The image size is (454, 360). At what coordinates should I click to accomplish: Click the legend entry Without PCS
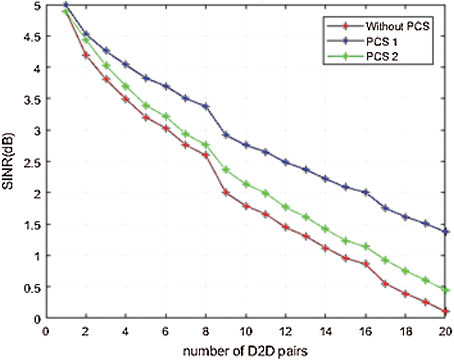tap(397, 26)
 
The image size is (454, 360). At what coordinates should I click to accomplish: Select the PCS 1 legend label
tap(381, 42)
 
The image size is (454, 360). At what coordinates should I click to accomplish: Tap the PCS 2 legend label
tap(382, 56)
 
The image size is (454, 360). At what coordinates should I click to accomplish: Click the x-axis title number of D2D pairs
tap(245, 351)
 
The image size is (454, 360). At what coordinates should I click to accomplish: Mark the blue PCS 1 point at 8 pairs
tap(206, 107)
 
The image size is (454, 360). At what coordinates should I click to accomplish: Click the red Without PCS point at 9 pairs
tap(226, 193)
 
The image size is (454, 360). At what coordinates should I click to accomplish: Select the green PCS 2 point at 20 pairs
tap(445, 290)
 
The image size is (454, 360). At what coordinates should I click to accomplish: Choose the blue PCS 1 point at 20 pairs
tap(445, 231)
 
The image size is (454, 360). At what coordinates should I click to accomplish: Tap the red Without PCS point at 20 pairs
tap(445, 311)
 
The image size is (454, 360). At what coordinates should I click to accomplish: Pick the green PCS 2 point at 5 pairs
tap(146, 106)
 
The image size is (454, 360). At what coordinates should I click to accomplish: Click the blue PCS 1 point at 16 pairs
tap(366, 192)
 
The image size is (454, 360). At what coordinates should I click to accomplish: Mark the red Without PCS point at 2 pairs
tap(86, 55)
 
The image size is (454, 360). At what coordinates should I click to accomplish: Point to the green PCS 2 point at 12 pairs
tap(286, 207)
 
